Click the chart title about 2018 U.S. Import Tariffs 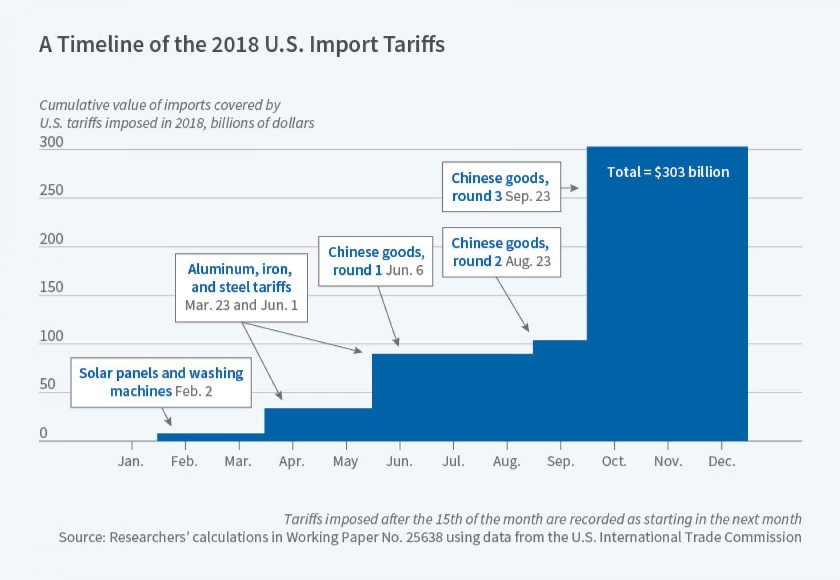(242, 45)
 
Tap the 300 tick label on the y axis (51, 142)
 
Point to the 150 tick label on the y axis (51, 287)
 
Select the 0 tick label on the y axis (43, 433)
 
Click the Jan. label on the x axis (130, 461)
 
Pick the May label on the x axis (345, 461)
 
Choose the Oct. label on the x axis (614, 461)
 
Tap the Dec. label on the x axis (722, 461)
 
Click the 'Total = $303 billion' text (668, 172)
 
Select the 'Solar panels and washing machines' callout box (161, 382)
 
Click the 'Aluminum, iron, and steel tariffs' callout (241, 287)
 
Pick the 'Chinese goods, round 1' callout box (375, 261)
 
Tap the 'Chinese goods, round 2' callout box (501, 252)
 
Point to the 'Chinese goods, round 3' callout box (501, 187)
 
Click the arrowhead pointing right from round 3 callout (575, 188)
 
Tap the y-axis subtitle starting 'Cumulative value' (177, 114)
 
